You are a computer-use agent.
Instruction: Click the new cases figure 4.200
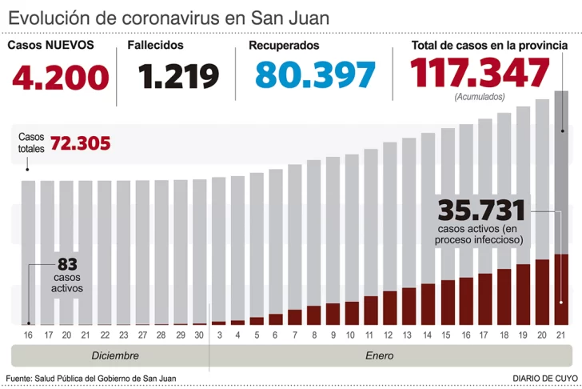click(x=60, y=77)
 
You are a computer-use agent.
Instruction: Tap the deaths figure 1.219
click(x=179, y=77)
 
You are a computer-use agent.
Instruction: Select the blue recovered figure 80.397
click(x=315, y=75)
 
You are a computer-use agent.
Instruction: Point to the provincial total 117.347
click(x=480, y=74)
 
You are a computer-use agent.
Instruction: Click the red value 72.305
click(x=80, y=144)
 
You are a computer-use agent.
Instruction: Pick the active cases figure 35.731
click(x=481, y=211)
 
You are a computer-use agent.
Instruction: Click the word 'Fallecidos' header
click(x=155, y=46)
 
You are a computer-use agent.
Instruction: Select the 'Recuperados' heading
click(x=284, y=46)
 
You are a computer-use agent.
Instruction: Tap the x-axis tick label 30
click(x=200, y=336)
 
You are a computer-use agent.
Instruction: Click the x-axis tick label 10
click(x=352, y=336)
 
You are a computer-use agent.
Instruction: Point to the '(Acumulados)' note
click(x=480, y=97)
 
